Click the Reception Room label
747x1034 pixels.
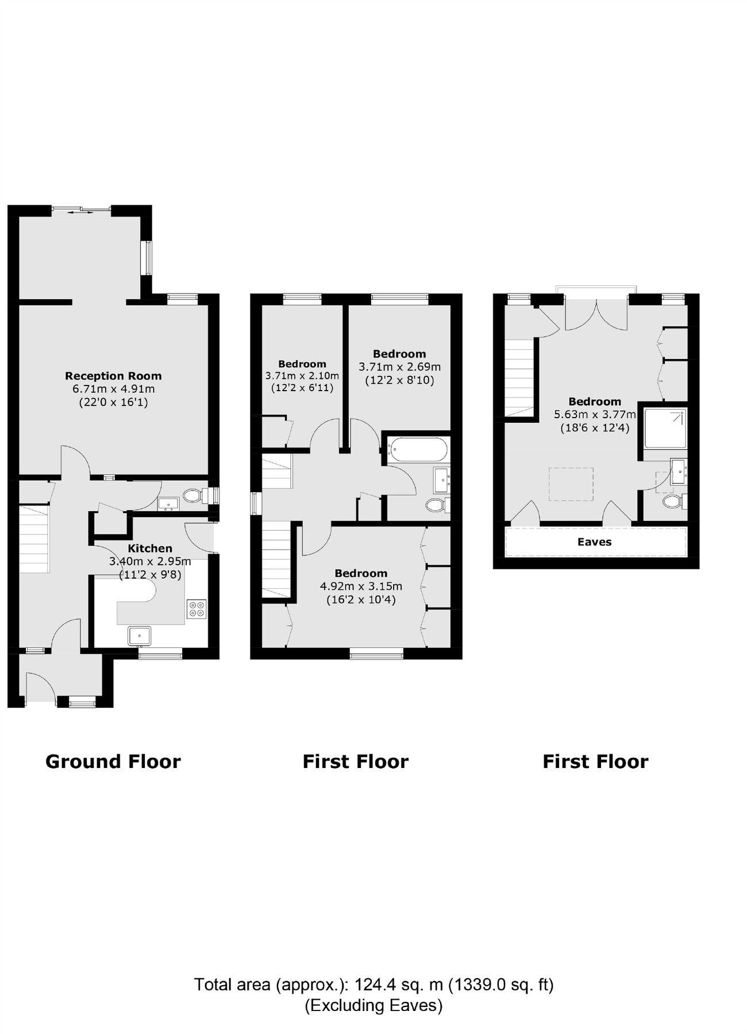[113, 376]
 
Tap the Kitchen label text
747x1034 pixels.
[149, 549]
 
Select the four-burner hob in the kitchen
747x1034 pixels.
[196, 609]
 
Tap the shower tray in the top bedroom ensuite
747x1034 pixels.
[665, 428]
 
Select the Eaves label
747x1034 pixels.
[594, 542]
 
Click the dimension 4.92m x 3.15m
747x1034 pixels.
[361, 587]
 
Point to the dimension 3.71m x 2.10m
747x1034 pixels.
[302, 376]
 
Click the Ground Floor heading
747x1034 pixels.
[113, 762]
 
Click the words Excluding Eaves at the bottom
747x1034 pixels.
[373, 1005]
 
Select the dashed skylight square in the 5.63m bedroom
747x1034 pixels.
[571, 484]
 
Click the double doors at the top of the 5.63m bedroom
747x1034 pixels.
[596, 315]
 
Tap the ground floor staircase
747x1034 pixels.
[33, 539]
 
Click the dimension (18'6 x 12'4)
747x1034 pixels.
[595, 427]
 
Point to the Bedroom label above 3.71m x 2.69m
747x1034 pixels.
[399, 354]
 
